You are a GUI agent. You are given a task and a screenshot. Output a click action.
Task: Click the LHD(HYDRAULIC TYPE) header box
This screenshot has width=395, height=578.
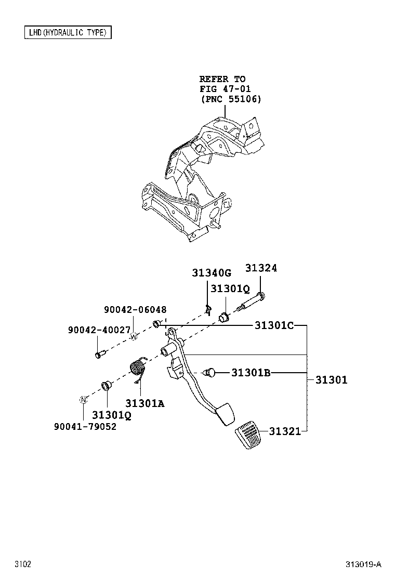click(68, 33)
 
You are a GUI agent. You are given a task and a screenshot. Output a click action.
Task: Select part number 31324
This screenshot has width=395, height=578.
click(261, 268)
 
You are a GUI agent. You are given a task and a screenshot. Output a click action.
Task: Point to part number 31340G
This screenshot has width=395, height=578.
click(210, 273)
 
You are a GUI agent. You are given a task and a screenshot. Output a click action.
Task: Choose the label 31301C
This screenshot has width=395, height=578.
click(274, 325)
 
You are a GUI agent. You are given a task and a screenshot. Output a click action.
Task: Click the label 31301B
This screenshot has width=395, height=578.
click(251, 372)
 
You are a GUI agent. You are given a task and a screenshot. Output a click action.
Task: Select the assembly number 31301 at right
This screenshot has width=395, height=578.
click(331, 380)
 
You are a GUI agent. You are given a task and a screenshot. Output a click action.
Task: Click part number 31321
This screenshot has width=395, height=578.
click(285, 431)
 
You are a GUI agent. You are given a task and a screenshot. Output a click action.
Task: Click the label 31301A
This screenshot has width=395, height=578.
click(144, 403)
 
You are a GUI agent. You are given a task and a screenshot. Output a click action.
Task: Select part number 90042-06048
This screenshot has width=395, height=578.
click(135, 309)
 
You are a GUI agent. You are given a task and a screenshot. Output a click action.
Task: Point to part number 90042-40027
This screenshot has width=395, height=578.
click(99, 330)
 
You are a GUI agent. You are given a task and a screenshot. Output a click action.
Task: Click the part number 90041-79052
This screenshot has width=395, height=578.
click(85, 426)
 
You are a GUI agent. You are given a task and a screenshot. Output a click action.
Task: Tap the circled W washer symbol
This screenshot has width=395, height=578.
click(134, 336)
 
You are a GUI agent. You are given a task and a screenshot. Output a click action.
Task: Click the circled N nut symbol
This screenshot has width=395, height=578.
click(82, 400)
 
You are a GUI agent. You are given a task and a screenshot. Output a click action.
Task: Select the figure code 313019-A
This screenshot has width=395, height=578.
click(363, 564)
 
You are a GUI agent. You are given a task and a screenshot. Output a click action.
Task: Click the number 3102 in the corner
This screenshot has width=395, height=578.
click(23, 564)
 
